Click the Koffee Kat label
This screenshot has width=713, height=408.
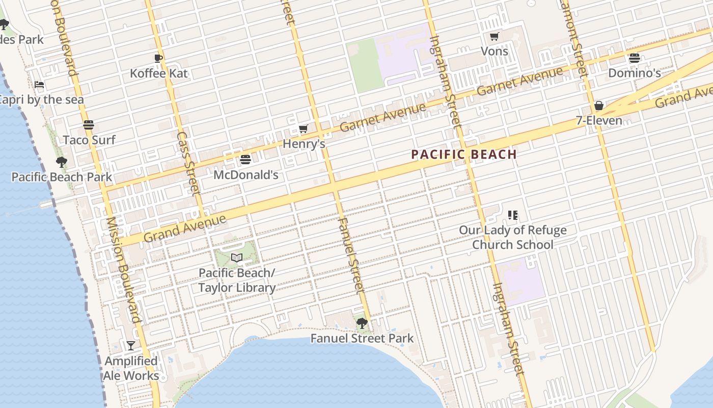tap(158, 73)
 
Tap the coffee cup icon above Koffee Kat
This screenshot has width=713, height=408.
tap(158, 58)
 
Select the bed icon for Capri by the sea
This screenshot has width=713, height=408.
tap(39, 85)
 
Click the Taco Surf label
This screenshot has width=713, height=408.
tap(89, 140)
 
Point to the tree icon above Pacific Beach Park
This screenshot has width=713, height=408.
tap(62, 163)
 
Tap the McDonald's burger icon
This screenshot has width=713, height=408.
tap(245, 160)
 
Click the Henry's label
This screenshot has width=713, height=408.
tap(304, 144)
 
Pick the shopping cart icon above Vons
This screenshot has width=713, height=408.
tap(494, 36)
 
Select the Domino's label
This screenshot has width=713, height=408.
tap(635, 73)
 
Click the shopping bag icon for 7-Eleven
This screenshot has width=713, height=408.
tap(599, 106)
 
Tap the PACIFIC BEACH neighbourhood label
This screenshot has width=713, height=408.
tap(464, 154)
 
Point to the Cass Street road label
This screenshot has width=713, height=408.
tap(187, 163)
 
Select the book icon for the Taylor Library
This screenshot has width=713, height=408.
tap(236, 258)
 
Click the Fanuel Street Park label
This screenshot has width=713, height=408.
tap(362, 338)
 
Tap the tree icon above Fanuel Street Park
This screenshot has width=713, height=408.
tap(362, 323)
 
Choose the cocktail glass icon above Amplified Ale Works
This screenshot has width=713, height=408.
tap(131, 345)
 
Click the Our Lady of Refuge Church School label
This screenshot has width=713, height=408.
tap(512, 237)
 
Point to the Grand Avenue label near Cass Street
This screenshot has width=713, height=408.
tap(184, 228)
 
